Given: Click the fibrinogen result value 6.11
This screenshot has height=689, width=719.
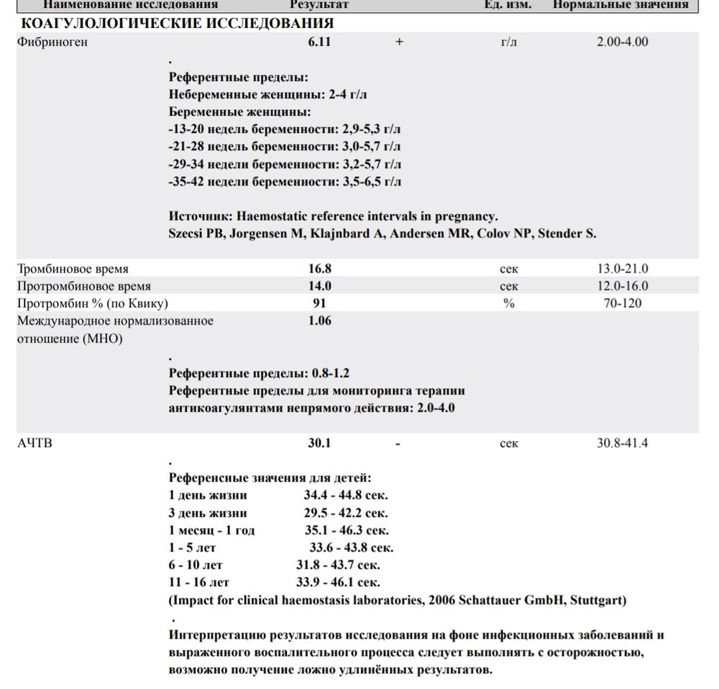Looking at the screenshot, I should pos(320,42).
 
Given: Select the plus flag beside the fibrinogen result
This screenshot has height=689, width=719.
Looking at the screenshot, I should pos(399,42).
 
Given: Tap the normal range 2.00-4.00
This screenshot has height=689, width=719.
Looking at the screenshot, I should pos(622,42).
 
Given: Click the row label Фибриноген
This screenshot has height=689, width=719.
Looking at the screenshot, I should pos(52,42).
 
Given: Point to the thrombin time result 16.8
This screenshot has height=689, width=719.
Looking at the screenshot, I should pos(320,269).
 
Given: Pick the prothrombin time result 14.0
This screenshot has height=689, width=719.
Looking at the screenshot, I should pos(320,286).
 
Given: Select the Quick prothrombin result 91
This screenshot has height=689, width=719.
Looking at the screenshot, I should pos(319,303).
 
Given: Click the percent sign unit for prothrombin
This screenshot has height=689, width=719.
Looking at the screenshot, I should pos(508,303).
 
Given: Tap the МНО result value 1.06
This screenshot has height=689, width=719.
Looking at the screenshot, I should pos(320,321).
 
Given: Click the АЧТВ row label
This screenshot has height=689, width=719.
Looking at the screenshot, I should pos(35,443).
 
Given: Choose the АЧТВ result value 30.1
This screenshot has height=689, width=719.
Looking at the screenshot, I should pos(320,443).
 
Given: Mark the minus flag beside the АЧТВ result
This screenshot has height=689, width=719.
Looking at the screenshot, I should pos(398,443).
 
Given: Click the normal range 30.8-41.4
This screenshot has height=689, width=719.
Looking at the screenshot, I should pos(622,443).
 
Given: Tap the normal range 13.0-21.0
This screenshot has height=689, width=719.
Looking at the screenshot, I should pos(622,269).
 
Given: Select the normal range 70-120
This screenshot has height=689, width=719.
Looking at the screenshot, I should pos(622,303).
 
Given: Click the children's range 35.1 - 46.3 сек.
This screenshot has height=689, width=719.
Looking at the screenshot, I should pos(346,531).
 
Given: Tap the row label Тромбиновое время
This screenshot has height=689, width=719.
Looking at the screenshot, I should pos(73,269).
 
